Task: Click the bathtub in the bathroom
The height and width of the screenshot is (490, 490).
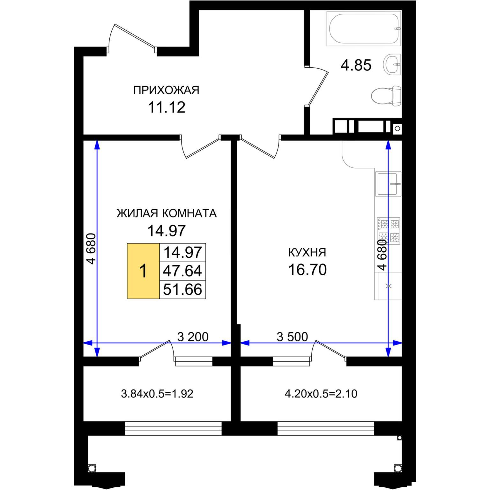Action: [x=364, y=28]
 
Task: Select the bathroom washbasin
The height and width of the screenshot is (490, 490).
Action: [x=392, y=64]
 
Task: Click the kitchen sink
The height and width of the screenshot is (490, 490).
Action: [x=388, y=184]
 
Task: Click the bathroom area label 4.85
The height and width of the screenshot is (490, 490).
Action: [x=356, y=65]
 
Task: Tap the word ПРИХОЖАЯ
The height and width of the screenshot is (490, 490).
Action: [x=166, y=90]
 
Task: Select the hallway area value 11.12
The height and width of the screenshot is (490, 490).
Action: [x=167, y=108]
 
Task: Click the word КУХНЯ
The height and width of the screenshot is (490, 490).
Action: [x=307, y=252]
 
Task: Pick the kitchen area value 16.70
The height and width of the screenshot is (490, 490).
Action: [x=308, y=270]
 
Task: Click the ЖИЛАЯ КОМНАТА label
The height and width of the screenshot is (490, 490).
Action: [x=167, y=213]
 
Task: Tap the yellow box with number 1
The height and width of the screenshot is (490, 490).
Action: [x=143, y=271]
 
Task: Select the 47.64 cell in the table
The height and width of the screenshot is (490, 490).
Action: [x=182, y=271]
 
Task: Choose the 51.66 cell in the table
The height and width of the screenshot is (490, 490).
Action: [x=182, y=289]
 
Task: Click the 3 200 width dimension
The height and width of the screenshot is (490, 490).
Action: [x=193, y=337]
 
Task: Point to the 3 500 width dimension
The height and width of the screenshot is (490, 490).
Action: [x=292, y=337]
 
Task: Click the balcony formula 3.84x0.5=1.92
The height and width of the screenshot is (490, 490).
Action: [x=157, y=394]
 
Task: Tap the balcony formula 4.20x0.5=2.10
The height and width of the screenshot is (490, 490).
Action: [x=321, y=394]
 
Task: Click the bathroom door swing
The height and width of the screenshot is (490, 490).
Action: [x=317, y=85]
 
